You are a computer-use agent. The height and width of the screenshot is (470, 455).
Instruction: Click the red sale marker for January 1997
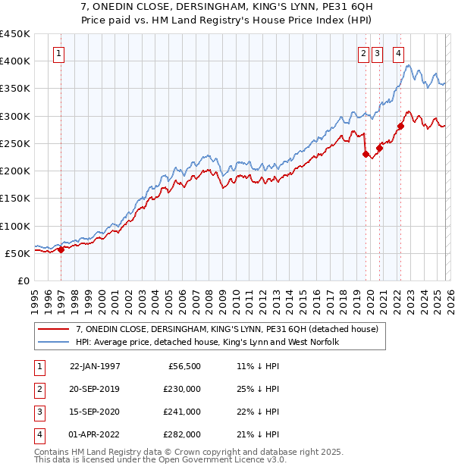(61, 250)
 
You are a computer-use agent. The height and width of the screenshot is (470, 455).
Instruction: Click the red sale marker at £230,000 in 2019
(366, 154)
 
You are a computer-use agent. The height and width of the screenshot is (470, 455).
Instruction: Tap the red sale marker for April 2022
(400, 126)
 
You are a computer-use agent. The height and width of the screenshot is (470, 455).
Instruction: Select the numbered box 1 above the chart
(59, 53)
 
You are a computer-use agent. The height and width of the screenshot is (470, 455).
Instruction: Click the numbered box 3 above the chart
(378, 53)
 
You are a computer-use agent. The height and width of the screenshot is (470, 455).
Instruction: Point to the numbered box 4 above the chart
(398, 53)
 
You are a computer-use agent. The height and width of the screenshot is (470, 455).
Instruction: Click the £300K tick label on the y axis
(15, 116)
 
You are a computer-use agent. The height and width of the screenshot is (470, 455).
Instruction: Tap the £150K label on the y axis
(15, 199)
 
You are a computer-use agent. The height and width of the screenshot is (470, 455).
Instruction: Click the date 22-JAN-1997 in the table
(95, 365)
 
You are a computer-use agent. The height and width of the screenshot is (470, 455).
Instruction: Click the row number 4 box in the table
(39, 435)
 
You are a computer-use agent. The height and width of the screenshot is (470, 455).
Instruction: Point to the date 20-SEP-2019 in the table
(95, 389)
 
